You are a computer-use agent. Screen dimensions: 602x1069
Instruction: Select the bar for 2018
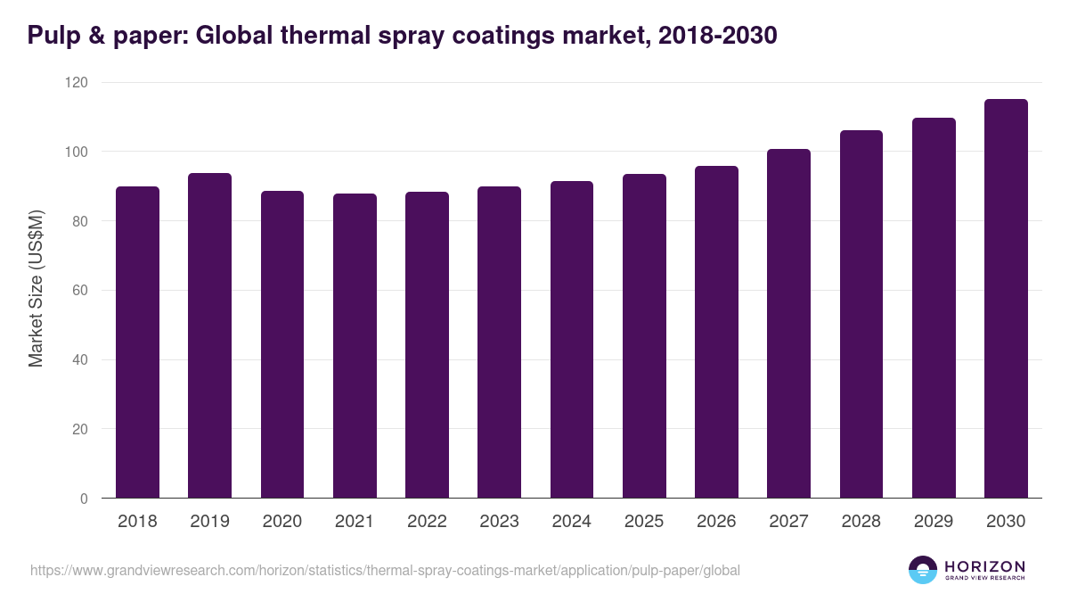coord(137,342)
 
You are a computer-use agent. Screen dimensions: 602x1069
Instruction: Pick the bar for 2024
coord(572,340)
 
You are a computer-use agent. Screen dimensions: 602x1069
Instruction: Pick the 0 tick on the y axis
coord(85,499)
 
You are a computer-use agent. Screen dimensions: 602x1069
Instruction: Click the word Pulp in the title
coord(52,36)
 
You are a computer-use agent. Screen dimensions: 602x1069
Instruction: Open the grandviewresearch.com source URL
coord(385,570)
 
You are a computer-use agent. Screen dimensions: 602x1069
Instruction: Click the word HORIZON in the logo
coord(984,566)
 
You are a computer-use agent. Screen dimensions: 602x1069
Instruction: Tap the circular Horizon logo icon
coord(923,570)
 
